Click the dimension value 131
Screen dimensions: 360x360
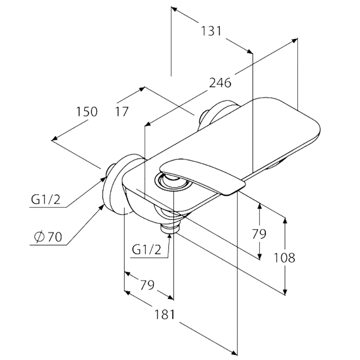[x=211, y=31]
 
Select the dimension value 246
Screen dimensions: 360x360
[x=220, y=83]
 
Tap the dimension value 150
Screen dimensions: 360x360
[x=87, y=112]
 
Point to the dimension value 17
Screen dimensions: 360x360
[x=121, y=112]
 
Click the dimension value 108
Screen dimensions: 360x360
[x=284, y=257]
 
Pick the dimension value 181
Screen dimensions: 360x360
[x=165, y=315]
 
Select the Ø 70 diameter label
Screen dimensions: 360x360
[x=48, y=237]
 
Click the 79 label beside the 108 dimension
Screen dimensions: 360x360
[x=259, y=234]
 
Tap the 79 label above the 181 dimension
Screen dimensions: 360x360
[x=147, y=285]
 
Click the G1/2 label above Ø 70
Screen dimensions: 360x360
[x=46, y=199]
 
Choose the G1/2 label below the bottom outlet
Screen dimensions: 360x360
[x=147, y=250]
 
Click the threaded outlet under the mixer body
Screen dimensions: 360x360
[x=170, y=229]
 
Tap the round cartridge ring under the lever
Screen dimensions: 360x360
[x=173, y=182]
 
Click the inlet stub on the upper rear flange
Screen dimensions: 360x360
[x=204, y=119]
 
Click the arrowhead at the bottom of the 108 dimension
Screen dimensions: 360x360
[x=285, y=291]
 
